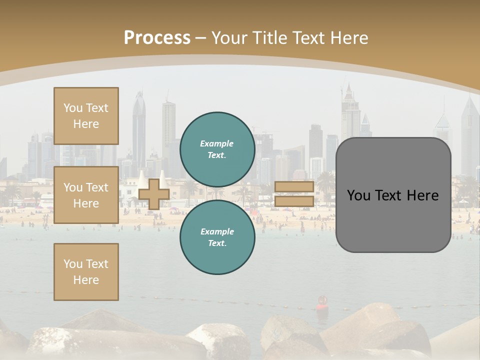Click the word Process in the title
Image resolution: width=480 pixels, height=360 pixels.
coord(157,38)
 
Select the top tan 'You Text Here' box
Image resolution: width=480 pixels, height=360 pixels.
coord(86,116)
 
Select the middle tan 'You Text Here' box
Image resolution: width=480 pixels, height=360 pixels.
coord(86,195)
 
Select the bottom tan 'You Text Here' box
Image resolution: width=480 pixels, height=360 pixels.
coord(86,272)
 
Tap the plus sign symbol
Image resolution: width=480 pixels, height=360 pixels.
coord(153,193)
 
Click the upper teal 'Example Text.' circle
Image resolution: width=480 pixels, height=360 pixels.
coord(217,149)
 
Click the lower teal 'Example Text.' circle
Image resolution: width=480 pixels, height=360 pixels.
coord(217,237)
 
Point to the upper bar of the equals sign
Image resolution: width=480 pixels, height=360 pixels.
coord(294,186)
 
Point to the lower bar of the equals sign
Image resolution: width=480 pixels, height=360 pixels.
coord(294,201)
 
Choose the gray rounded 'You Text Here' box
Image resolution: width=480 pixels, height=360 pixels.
coord(393,195)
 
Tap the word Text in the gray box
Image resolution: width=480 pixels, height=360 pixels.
coord(392,195)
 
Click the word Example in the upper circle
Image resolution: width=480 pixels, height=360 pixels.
coord(217,143)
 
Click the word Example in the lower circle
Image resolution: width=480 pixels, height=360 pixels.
coord(217,231)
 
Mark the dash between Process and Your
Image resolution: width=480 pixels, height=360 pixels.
coord(201,38)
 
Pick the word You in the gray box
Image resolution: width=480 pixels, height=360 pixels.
coord(358,195)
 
